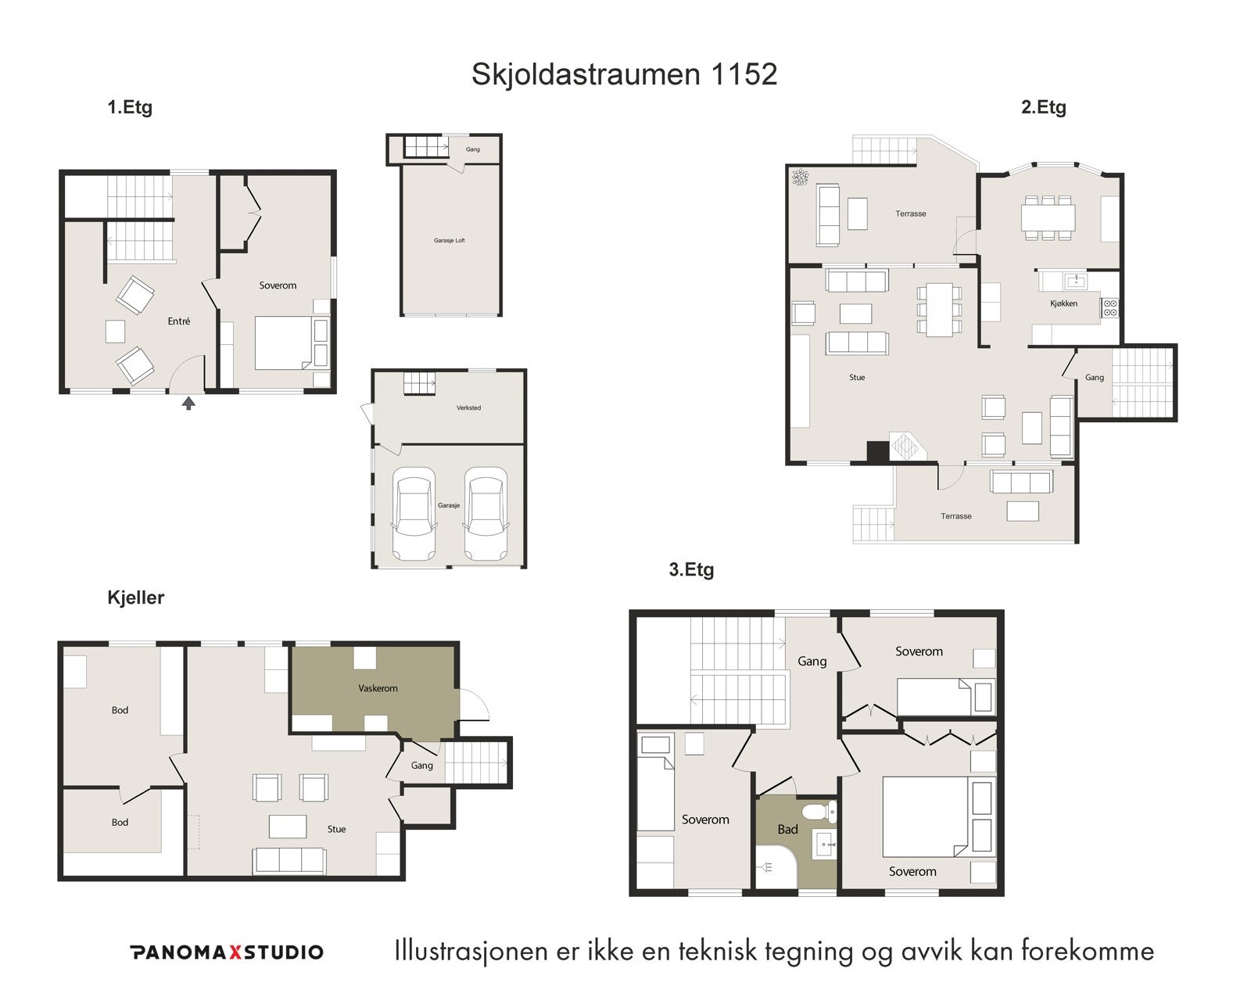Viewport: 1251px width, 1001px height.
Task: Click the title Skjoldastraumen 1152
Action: coord(624,74)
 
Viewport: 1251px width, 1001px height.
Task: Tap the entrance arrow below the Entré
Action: coord(188,403)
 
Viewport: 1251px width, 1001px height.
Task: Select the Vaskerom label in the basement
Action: coord(378,688)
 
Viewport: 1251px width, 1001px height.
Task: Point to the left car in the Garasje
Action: coord(414,513)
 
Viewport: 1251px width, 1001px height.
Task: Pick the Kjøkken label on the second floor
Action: coord(1063,303)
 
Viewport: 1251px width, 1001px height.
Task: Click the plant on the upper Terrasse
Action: coord(800,178)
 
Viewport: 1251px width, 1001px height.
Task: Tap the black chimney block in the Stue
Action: coord(878,452)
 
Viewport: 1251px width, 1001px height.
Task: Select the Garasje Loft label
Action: coord(450,240)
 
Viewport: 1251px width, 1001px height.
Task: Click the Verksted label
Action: coord(468,407)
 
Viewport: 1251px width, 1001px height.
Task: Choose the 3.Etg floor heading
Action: coord(691,570)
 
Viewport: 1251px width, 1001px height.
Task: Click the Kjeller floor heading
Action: coord(135,597)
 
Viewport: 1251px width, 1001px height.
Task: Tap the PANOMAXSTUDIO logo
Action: coord(226,952)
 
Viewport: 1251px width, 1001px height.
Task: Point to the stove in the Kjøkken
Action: coord(1109,307)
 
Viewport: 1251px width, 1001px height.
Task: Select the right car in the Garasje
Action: coord(486,513)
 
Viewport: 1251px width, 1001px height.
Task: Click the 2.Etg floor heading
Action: coord(1043,107)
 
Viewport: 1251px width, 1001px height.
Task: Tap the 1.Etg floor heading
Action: coord(130,107)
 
